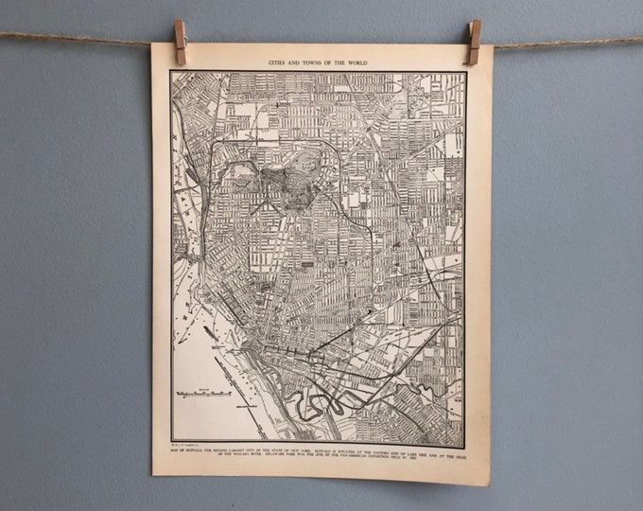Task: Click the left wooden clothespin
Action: (x=180, y=43)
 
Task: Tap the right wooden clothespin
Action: (x=474, y=43)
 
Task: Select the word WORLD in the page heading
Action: (x=354, y=62)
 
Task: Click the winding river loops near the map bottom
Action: (x=312, y=402)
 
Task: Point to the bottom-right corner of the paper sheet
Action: (x=489, y=485)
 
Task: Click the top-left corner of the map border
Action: (x=170, y=72)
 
